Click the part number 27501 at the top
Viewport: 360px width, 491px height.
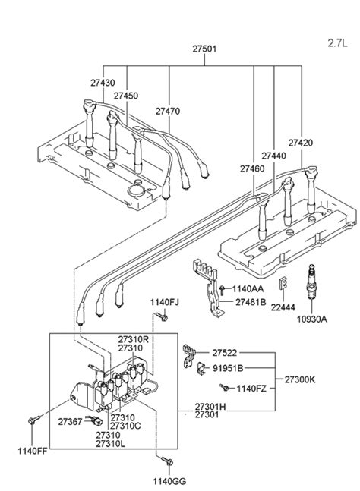pos(193,48)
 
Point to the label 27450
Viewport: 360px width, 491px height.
pos(127,96)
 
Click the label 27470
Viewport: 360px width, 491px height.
pos(169,111)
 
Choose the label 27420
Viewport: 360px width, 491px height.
pos(302,142)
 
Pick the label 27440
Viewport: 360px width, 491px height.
pos(275,156)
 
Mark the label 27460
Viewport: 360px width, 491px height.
pos(253,168)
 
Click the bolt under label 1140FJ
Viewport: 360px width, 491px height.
pos(159,316)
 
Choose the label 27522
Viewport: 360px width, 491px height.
pos(224,353)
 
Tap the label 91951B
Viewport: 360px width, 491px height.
pos(227,368)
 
